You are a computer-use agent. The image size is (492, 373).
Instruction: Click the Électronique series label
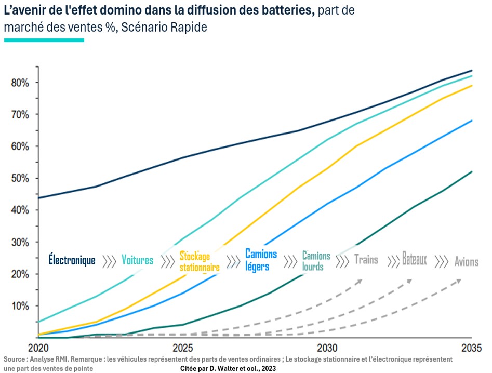(72, 260)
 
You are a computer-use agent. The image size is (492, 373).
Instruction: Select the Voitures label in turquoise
(137, 260)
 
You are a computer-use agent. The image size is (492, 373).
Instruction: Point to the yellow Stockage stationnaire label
(200, 261)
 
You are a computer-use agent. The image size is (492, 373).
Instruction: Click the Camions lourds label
(316, 261)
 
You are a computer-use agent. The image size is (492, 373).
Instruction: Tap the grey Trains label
(366, 259)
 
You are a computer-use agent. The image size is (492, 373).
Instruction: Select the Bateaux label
(414, 259)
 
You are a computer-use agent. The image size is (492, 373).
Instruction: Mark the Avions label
(466, 261)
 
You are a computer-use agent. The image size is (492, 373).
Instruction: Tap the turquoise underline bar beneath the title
(44, 39)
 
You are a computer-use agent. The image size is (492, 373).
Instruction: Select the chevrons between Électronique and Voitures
(109, 261)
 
